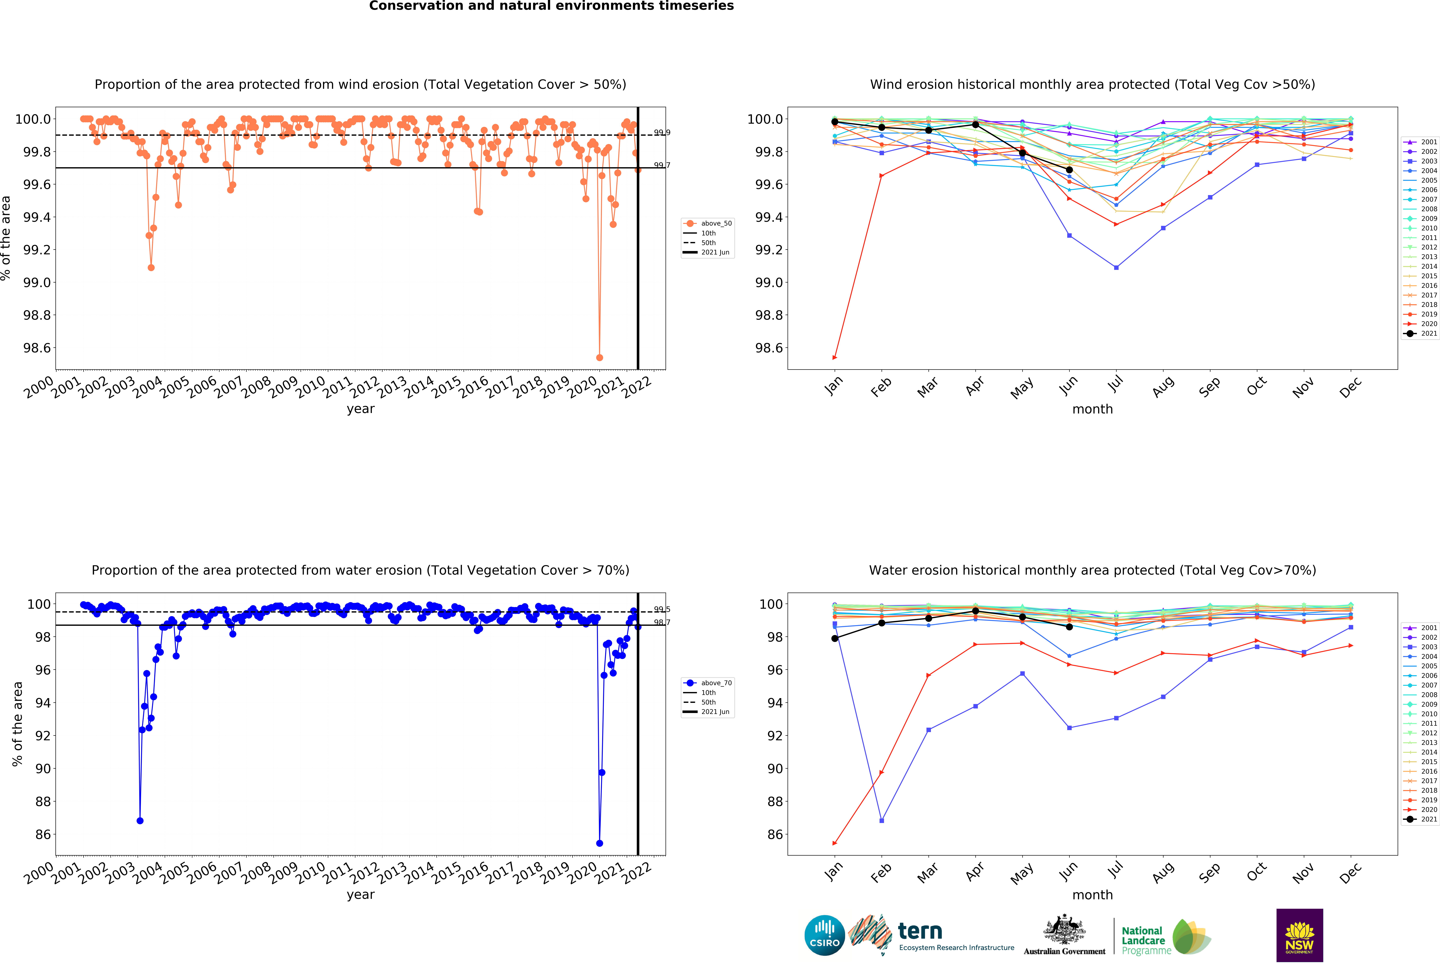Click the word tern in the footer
coord(920,931)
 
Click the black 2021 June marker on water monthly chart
coord(1069,627)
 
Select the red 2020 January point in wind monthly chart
coord(835,357)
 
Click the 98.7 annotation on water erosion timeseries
coord(662,622)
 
